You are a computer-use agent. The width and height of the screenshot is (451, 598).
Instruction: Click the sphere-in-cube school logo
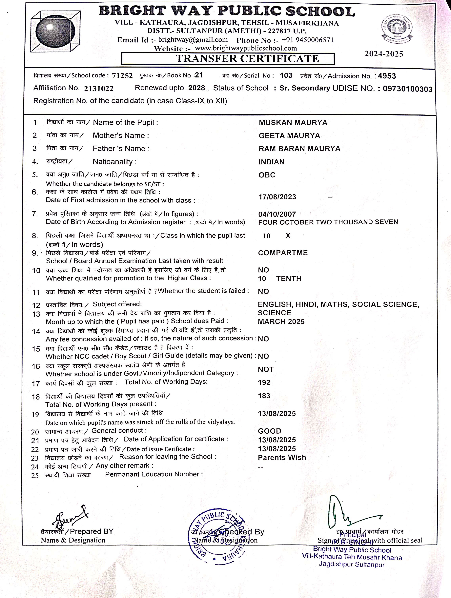[x=55, y=31]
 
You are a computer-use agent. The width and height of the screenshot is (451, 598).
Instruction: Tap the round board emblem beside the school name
[x=397, y=29]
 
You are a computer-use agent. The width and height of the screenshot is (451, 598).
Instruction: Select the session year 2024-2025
[x=384, y=54]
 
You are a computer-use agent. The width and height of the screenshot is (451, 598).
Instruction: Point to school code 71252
[x=122, y=76]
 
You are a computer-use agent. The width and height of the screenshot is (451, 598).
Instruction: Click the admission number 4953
[x=387, y=76]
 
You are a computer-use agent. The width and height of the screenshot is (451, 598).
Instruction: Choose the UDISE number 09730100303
[x=407, y=89]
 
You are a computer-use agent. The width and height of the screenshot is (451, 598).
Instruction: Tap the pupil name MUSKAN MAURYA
[x=293, y=122]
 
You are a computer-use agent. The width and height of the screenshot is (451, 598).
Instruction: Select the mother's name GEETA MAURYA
[x=289, y=135]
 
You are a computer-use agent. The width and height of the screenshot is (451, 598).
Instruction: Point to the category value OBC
[x=267, y=175]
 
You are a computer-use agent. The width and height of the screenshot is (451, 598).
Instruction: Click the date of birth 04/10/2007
[x=277, y=214]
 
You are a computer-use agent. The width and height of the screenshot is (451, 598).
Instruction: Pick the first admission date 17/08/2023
[x=277, y=197]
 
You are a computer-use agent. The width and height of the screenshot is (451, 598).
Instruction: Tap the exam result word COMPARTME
[x=283, y=253]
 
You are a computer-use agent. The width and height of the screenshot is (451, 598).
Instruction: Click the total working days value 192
[x=264, y=382]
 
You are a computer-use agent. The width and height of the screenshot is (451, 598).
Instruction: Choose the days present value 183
[x=264, y=396]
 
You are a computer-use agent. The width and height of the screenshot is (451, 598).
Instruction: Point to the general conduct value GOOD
[x=269, y=431]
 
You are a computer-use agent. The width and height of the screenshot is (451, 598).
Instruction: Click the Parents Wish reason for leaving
[x=282, y=457]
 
